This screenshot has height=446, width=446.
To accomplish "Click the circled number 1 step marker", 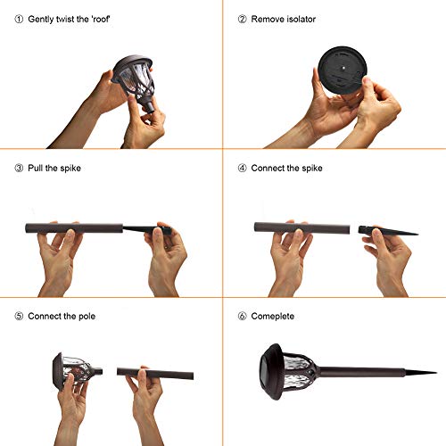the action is [19, 20].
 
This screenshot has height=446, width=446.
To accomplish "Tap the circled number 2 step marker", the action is [242, 20].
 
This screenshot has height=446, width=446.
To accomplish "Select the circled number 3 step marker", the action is [19, 168].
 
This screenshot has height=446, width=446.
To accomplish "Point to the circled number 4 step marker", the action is [242, 168].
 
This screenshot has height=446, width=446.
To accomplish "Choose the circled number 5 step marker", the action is [19, 316].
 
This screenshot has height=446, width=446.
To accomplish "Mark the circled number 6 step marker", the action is [242, 316].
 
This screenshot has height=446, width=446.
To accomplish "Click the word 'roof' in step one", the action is [101, 20].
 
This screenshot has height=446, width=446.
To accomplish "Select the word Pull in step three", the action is [36, 168].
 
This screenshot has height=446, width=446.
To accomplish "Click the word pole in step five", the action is [87, 317].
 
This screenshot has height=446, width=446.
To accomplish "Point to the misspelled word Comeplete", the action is [273, 317].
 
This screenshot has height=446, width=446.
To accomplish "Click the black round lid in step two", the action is [343, 70].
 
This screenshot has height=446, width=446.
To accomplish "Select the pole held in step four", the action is [301, 228].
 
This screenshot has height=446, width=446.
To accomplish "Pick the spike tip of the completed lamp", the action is [436, 372].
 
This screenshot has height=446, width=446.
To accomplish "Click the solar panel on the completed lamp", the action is [268, 372].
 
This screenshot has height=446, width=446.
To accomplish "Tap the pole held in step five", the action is [155, 373].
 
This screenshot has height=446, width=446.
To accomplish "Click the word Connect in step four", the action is [268, 168].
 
